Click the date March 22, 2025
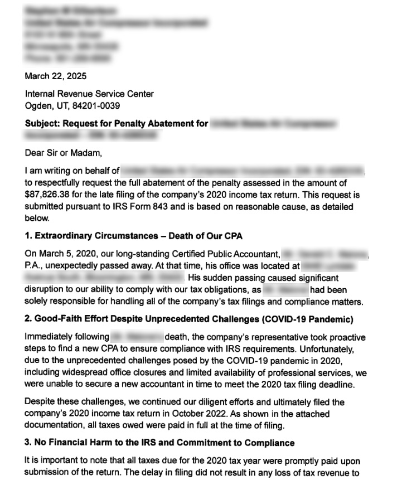pyautogui.click(x=55, y=76)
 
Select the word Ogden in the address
pyautogui.click(x=38, y=105)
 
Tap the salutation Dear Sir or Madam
pyautogui.click(x=64, y=152)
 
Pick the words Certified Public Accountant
pyautogui.click(x=224, y=254)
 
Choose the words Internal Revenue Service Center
pyautogui.click(x=89, y=94)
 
